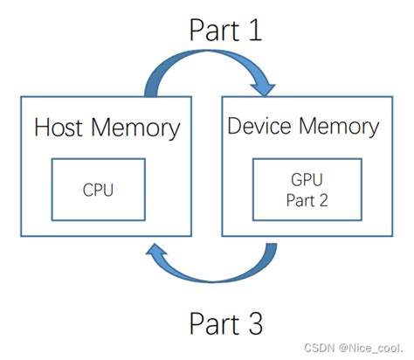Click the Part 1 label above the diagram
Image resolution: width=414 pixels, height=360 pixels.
coord(225,30)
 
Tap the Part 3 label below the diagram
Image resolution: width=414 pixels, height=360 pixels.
coord(226,323)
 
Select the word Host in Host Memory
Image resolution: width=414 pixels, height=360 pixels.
coord(59,128)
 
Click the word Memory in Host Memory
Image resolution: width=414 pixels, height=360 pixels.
coord(135,129)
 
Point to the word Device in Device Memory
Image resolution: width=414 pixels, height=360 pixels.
coord(259,126)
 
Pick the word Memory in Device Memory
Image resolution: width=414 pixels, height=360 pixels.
coord(339,128)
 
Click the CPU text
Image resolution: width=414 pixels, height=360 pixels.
coord(98,190)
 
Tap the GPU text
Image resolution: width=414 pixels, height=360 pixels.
coord(307,179)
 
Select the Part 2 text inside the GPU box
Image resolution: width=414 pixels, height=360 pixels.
coord(307,200)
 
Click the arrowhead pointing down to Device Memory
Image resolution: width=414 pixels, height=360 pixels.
coord(263,88)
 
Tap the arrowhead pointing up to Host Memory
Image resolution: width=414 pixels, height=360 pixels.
coord(156,250)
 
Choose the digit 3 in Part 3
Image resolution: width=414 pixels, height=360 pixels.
coord(256,323)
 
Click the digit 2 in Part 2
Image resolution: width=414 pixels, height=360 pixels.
coord(323,200)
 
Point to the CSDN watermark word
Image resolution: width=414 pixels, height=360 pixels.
coord(319,348)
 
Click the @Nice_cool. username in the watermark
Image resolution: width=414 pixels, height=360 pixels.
coord(371,348)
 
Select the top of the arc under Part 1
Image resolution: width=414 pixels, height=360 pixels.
coord(208,52)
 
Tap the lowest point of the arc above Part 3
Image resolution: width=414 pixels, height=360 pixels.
coord(211,280)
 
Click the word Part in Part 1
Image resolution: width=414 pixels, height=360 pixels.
coord(215,30)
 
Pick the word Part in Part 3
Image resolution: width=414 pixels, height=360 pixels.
coord(215,323)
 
